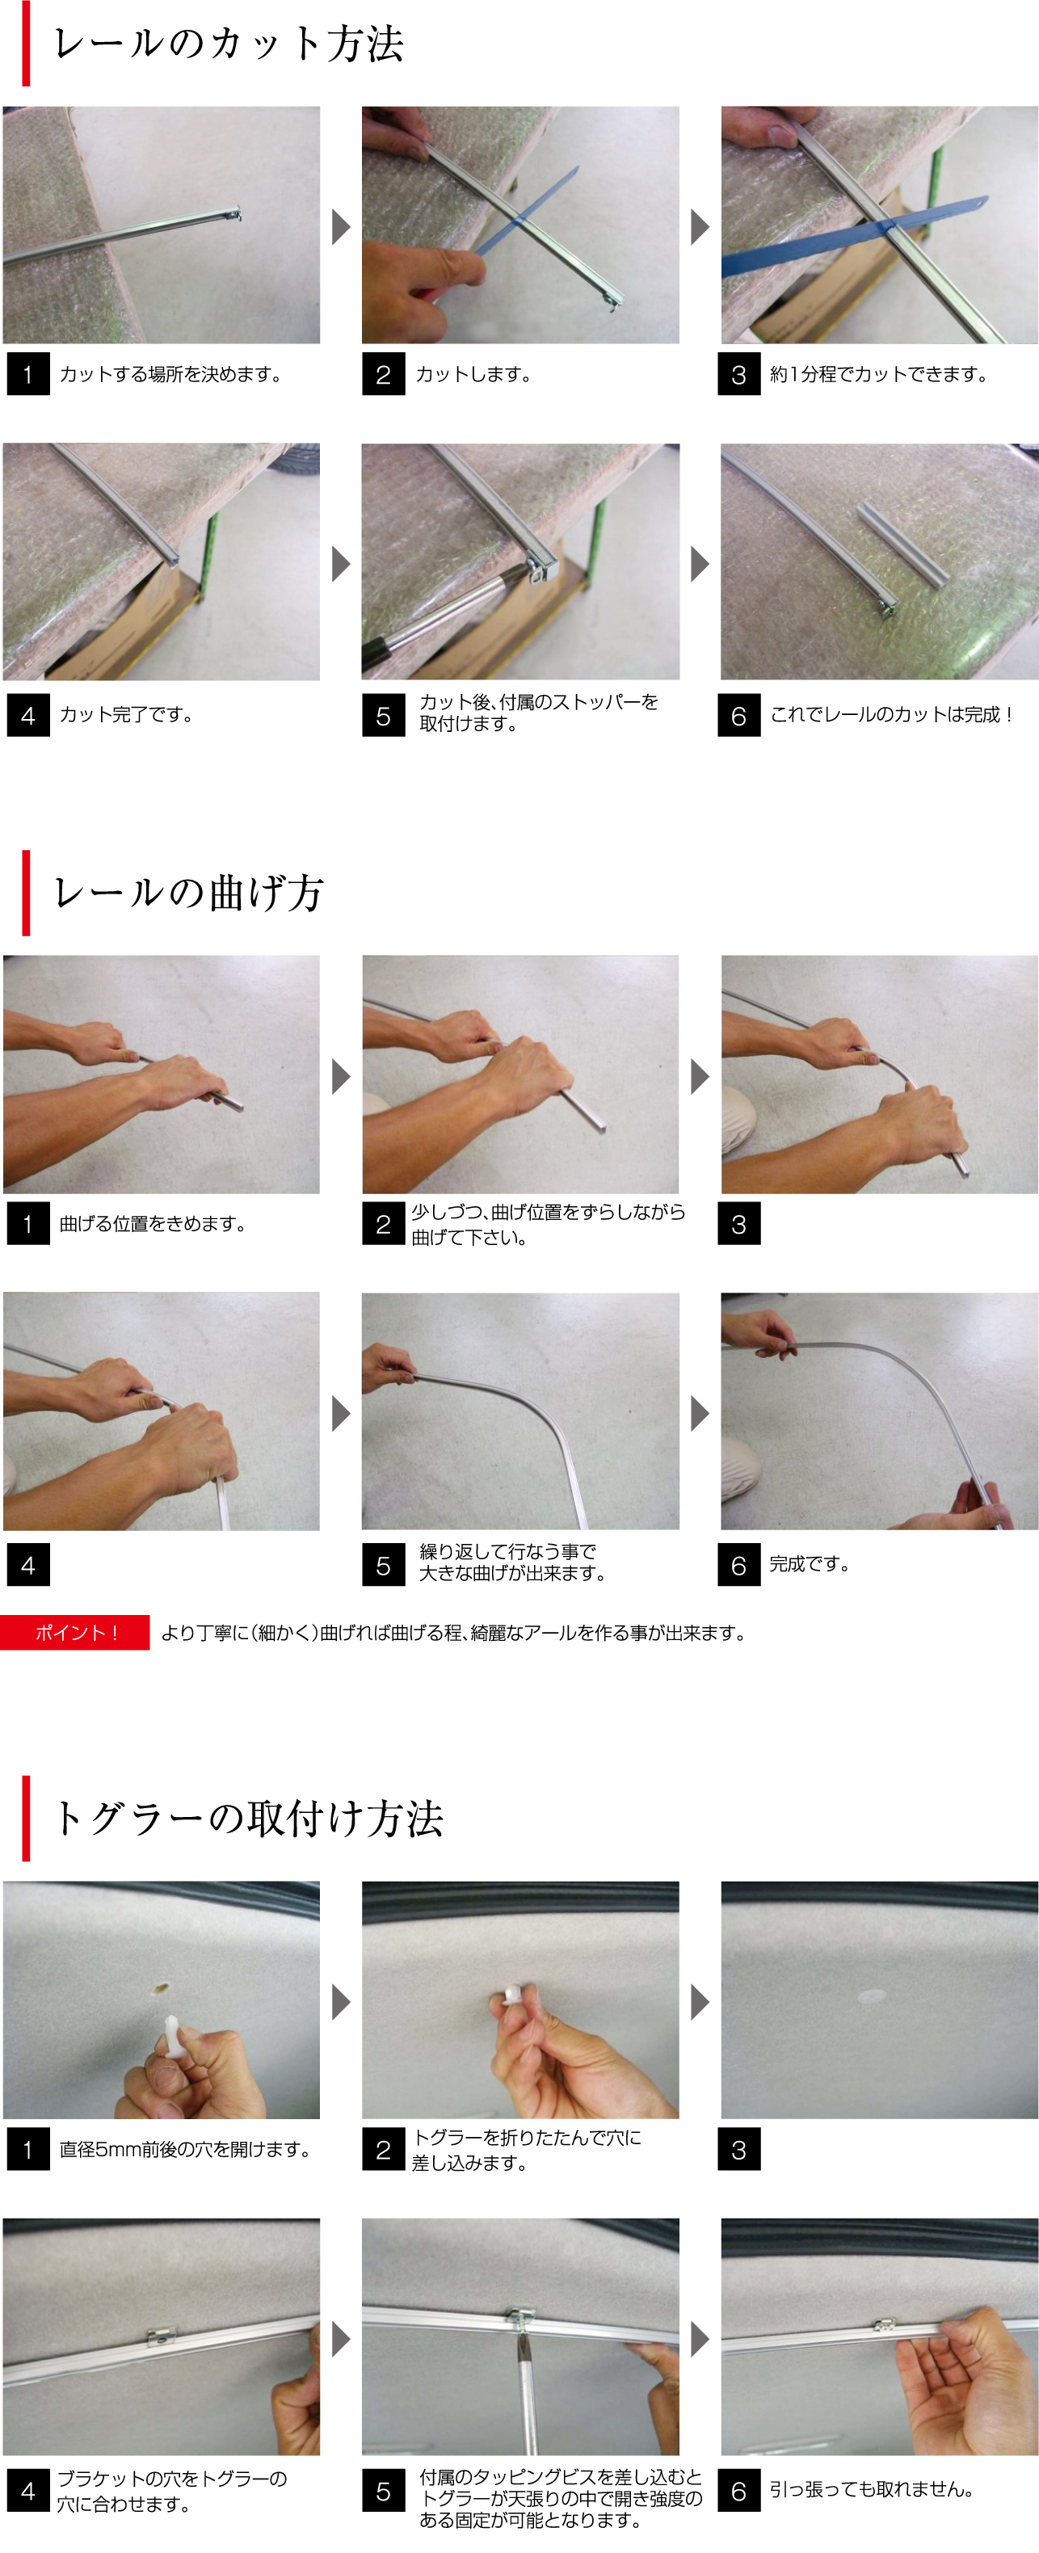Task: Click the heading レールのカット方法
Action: tap(228, 44)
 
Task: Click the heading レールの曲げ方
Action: tap(188, 893)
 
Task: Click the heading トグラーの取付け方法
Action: tap(248, 1819)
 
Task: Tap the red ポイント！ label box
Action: tap(75, 1632)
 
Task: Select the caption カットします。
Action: tap(473, 375)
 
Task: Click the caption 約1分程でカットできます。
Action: tap(878, 375)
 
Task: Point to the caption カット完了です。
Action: tap(126, 714)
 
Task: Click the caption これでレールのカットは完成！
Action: tap(891, 714)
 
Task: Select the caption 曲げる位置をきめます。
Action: tap(152, 1224)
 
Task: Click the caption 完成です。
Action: tap(809, 1564)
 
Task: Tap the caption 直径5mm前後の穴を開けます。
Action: tap(185, 2149)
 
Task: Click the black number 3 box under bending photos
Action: tap(738, 1224)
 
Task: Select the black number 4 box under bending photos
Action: tap(27, 1565)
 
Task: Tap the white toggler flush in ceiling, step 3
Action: tap(873, 1994)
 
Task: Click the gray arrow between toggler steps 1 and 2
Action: tap(341, 2002)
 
